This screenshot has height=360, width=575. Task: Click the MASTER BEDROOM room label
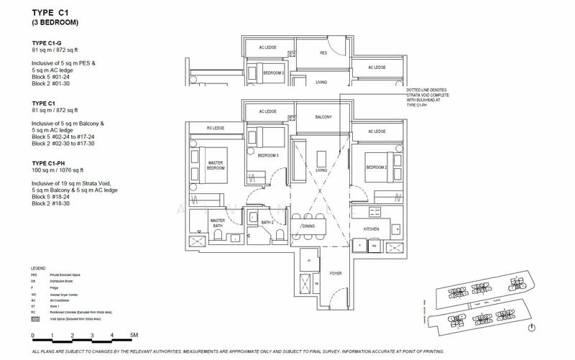pyautogui.click(x=215, y=165)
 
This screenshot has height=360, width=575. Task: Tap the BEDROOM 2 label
pyautogui.click(x=376, y=167)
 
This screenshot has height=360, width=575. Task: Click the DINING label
pyautogui.click(x=308, y=227)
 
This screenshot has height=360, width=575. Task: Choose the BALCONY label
pyautogui.click(x=323, y=117)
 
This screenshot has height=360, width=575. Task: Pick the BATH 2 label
pyautogui.click(x=266, y=223)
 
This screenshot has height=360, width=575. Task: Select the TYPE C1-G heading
pyautogui.click(x=49, y=43)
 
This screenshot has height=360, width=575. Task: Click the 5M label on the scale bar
pyautogui.click(x=134, y=336)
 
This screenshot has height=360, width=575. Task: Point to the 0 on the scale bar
pyautogui.click(x=33, y=336)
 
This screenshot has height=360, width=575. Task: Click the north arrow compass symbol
pyautogui.click(x=530, y=328)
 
